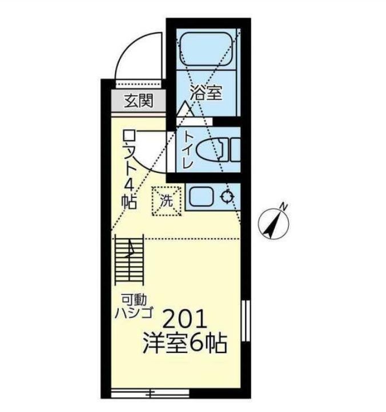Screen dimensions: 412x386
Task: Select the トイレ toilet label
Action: pyautogui.click(x=188, y=150)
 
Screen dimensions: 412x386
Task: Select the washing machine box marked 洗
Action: pyautogui.click(x=166, y=201)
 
